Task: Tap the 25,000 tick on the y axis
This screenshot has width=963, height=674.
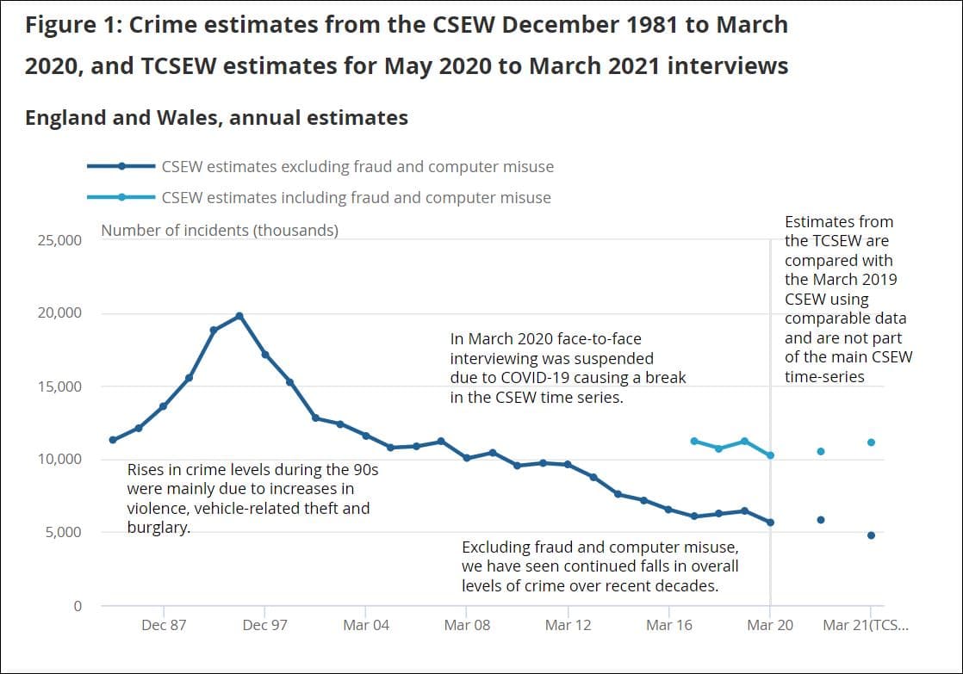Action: tap(59, 240)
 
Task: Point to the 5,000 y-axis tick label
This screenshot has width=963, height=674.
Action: tap(64, 533)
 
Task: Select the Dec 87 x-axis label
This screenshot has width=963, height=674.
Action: tap(164, 625)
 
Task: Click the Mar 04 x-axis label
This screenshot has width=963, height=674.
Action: tap(366, 625)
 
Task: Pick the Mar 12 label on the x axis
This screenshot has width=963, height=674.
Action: tap(568, 625)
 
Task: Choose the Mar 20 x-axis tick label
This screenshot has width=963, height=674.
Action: tap(770, 625)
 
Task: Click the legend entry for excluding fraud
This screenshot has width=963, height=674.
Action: tap(357, 167)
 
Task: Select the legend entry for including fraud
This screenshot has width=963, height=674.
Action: tap(356, 198)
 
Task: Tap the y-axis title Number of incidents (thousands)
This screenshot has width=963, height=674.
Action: tap(220, 231)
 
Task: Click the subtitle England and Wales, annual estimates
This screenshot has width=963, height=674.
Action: tap(216, 118)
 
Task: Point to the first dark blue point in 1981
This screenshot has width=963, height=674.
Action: tap(113, 440)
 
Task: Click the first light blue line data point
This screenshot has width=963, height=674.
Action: tap(694, 441)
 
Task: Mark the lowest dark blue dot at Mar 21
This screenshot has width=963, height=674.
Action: tap(871, 535)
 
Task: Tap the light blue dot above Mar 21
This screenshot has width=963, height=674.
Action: tap(871, 442)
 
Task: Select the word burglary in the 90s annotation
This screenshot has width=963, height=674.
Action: tap(158, 528)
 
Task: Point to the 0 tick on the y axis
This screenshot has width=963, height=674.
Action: tap(77, 606)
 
